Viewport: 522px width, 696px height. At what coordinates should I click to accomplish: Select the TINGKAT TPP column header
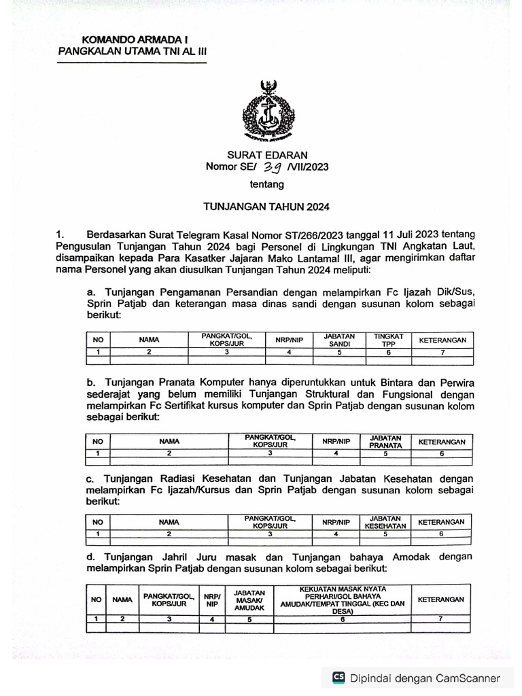click(x=385, y=340)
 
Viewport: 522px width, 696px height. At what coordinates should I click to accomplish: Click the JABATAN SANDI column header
click(x=337, y=340)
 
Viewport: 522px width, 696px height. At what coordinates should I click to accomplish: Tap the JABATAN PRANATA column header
click(x=386, y=441)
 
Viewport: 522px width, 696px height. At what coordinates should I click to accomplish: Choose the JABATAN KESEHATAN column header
click(x=386, y=521)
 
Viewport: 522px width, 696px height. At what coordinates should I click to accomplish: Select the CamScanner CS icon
click(x=338, y=677)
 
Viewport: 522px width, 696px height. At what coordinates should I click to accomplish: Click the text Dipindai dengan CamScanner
click(x=425, y=678)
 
